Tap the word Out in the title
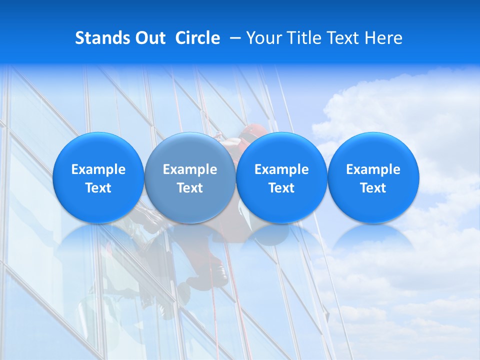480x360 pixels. pyautogui.click(x=150, y=38)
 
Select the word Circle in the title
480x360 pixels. pyautogui.click(x=197, y=38)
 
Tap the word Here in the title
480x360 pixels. pyautogui.click(x=383, y=38)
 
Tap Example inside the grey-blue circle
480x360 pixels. pyautogui.click(x=190, y=169)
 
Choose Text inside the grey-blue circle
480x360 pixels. pyautogui.click(x=190, y=188)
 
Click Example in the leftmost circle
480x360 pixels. pyautogui.click(x=98, y=169)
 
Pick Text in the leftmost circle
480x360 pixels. pyautogui.click(x=98, y=188)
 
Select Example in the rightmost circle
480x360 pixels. pyautogui.click(x=373, y=169)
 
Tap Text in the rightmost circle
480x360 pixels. pyautogui.click(x=373, y=188)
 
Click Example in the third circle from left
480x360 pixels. pyautogui.click(x=281, y=169)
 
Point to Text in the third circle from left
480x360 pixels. pyautogui.click(x=281, y=188)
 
